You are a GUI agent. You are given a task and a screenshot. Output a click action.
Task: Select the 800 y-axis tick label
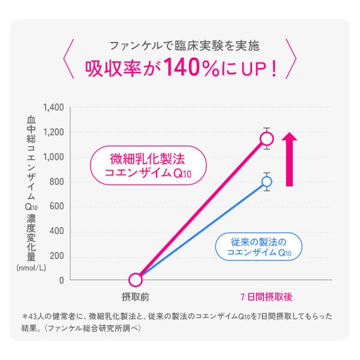pos(56,182)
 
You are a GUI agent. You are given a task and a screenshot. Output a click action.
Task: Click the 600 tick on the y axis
pos(56,207)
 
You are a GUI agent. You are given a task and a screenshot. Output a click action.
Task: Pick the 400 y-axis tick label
pos(56,232)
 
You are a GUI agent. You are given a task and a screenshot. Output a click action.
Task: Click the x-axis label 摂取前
pos(136,296)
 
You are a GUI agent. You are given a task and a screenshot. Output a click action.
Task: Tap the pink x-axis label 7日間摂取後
pos(266,296)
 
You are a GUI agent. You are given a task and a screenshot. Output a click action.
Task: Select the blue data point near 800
pos(267,181)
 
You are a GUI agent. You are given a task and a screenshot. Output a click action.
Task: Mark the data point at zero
pos(136,280)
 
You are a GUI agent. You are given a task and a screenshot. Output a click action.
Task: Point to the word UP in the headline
pos(252,68)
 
